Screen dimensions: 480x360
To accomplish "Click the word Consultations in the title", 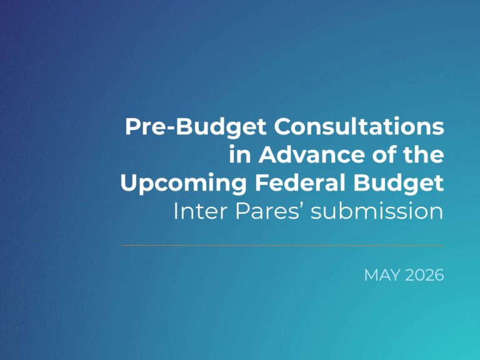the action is click(x=359, y=126).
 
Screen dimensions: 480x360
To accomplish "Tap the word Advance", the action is click(x=312, y=154).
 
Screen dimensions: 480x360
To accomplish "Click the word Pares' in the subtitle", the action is click(x=270, y=211).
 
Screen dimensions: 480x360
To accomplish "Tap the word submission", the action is click(x=377, y=211).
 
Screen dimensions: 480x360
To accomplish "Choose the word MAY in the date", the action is click(x=382, y=275).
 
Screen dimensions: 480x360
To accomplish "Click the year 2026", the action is click(x=424, y=275).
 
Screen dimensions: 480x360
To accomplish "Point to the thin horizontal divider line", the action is click(x=283, y=245).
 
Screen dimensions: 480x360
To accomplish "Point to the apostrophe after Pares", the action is click(x=301, y=206).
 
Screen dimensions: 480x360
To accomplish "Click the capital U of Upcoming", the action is click(x=129, y=182).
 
